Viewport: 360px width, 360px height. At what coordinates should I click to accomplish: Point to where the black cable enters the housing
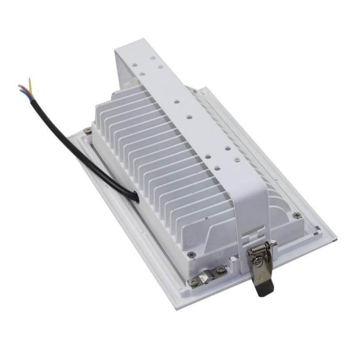136,197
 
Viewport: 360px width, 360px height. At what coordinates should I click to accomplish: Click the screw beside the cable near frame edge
88,130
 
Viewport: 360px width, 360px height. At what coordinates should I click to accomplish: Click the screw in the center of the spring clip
258,260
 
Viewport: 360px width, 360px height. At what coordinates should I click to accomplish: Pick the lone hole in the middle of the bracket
189,117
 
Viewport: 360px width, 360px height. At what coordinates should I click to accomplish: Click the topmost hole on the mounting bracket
153,58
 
